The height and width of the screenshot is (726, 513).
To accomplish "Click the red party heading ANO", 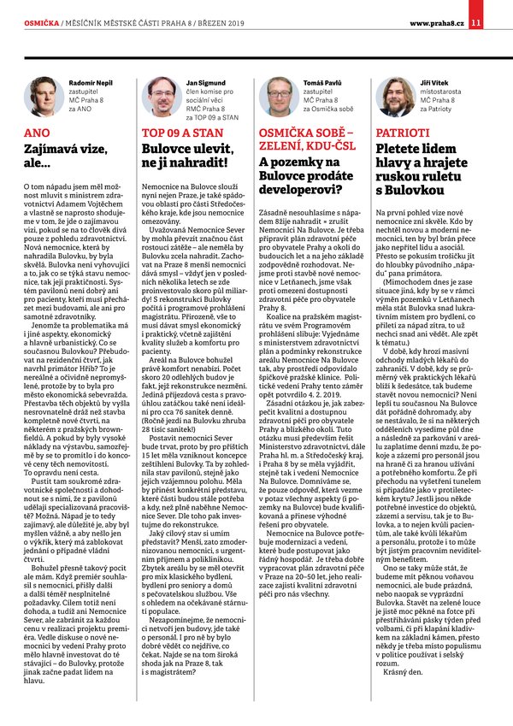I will point(38,134).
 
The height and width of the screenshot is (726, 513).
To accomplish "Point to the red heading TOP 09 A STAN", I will point(176,134).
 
